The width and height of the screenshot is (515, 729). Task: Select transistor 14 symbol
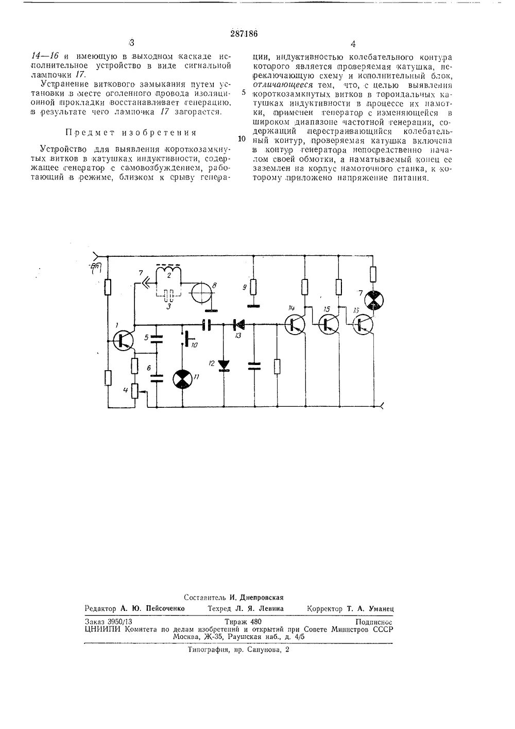pos(295,324)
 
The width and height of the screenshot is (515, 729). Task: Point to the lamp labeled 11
pos(181,379)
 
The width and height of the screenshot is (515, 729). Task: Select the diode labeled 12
pos(224,365)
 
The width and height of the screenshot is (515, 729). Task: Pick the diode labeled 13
pos(238,325)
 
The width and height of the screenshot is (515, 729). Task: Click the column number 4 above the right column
pos(353,44)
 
